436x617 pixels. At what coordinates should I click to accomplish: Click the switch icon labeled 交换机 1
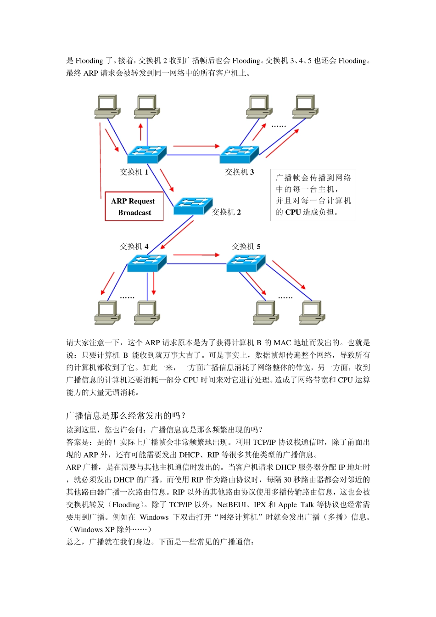click(x=146, y=154)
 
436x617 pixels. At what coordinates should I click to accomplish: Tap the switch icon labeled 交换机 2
click(x=193, y=206)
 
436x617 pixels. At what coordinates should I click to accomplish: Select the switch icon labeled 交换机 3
click(x=239, y=154)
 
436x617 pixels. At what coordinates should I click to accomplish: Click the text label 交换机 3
click(x=239, y=172)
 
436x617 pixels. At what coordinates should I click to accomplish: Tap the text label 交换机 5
click(x=246, y=247)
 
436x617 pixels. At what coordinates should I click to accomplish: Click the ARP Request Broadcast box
click(x=134, y=207)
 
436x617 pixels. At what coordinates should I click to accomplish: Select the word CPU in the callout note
click(x=293, y=212)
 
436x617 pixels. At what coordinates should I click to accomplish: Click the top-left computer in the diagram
click(x=107, y=107)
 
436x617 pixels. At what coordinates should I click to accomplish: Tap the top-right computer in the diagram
click(x=306, y=107)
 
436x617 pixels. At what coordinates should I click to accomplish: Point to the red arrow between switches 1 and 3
click(x=196, y=146)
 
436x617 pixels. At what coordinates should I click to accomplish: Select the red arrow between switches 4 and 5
click(x=196, y=255)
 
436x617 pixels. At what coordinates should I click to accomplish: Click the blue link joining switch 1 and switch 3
click(x=193, y=155)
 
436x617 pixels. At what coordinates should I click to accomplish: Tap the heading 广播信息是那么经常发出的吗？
click(x=126, y=415)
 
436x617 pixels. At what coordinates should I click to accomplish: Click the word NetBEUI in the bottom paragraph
click(x=232, y=505)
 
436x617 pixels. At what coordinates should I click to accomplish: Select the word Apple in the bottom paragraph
click(x=287, y=505)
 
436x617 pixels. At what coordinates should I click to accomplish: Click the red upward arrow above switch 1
click(x=140, y=131)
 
